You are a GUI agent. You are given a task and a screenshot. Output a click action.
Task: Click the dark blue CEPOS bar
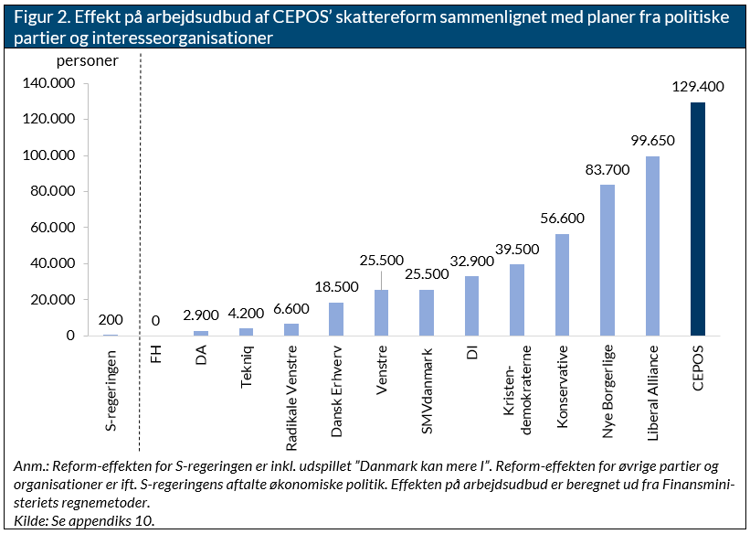pos(697,219)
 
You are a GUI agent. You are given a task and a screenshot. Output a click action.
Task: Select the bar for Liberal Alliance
pos(652,246)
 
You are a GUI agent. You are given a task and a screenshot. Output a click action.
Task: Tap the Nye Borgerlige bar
pos(607,261)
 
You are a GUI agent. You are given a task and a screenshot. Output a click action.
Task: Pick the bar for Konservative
pos(562,285)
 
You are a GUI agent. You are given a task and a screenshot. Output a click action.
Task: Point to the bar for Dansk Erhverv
pos(336,319)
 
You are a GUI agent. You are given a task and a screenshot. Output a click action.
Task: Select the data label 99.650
pos(652,141)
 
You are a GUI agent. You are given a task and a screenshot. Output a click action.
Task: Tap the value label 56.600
pos(562,218)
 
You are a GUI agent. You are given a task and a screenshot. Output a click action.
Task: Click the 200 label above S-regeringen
pos(111,319)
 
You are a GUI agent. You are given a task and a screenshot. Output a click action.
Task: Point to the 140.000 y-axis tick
pos(48,83)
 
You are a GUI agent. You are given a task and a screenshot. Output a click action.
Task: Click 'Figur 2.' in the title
pos(41,17)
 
